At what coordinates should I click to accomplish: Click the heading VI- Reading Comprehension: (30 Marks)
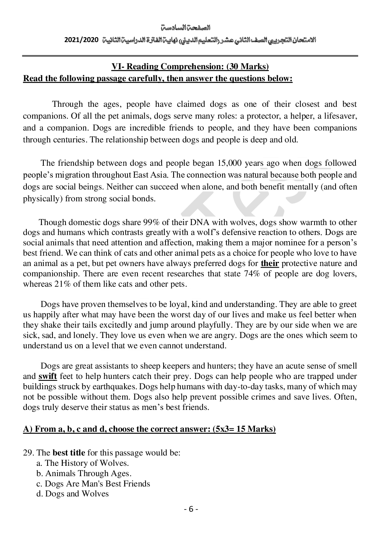[x=190, y=67]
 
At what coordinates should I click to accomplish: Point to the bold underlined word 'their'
[x=270, y=263]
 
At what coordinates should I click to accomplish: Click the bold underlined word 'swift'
[x=48, y=376]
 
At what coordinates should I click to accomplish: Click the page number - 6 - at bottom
[x=191, y=509]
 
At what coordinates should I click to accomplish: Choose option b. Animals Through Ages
[x=84, y=473]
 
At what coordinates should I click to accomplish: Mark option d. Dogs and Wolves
[x=72, y=494]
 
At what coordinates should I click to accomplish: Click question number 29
[x=28, y=453]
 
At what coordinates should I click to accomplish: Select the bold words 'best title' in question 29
[x=69, y=453]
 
